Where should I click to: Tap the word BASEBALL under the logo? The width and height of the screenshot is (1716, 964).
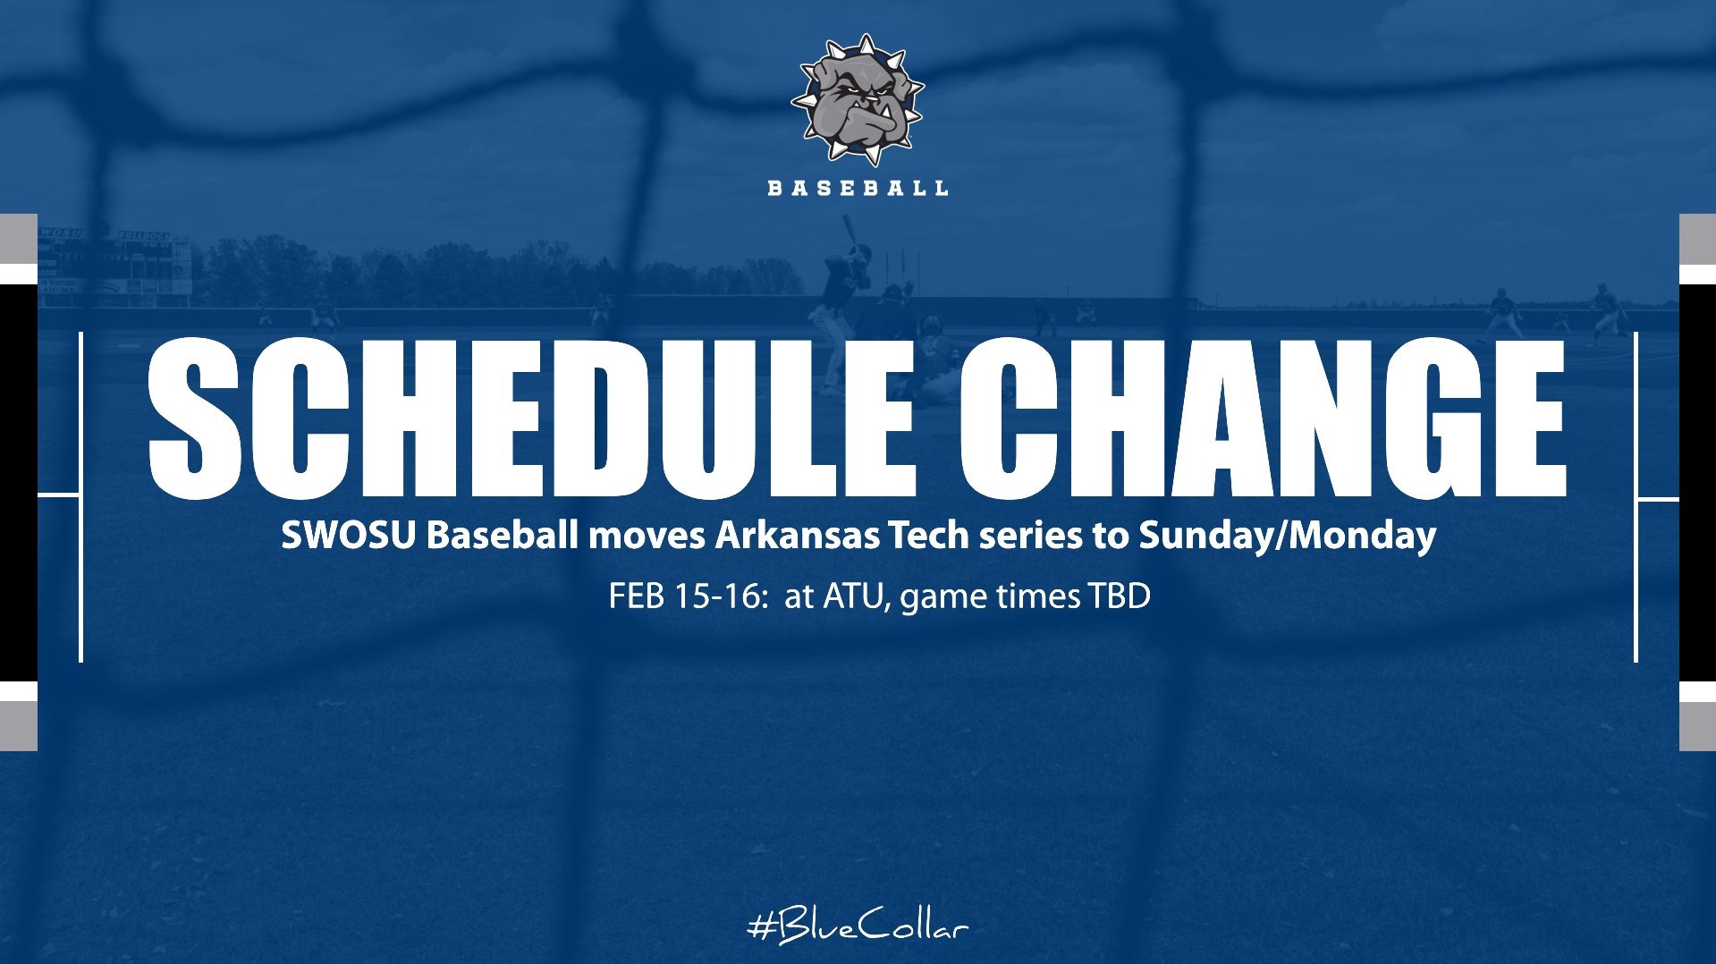point(858,188)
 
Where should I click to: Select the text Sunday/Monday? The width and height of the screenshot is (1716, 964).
point(1287,536)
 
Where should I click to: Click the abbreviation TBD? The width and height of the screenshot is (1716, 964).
point(1118,596)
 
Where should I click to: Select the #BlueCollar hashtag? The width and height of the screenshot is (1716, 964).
point(857,926)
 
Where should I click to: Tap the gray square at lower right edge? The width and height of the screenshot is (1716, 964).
point(1697,726)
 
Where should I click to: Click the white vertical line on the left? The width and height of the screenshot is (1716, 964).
point(81,496)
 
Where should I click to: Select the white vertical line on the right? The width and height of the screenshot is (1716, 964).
point(1636,496)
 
